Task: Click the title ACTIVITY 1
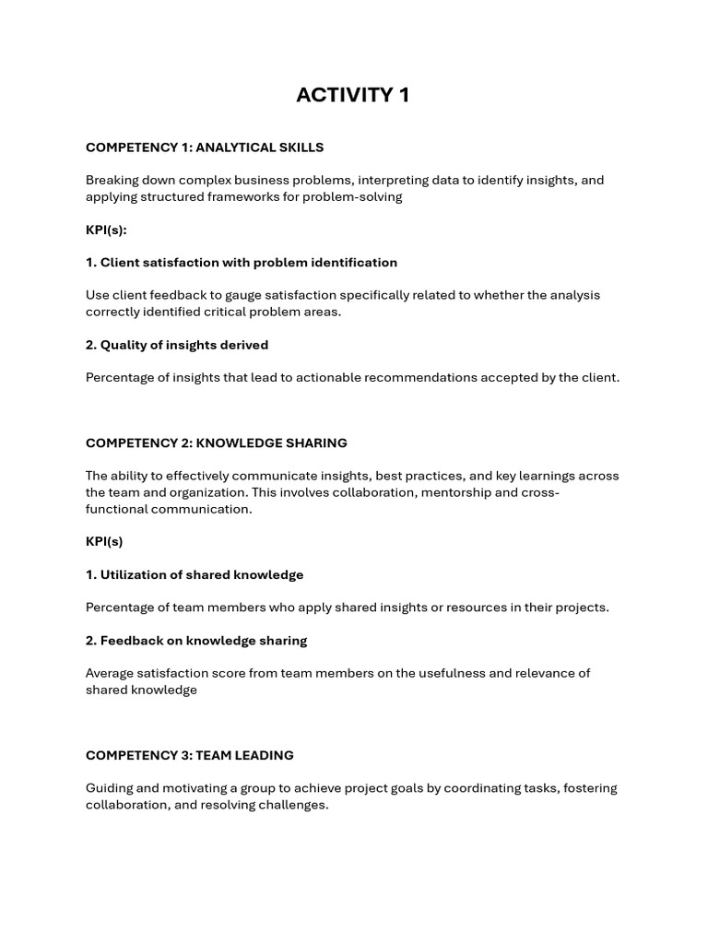tap(353, 95)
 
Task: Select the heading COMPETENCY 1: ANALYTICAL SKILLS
tap(205, 147)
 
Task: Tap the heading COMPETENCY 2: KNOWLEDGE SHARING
tap(217, 443)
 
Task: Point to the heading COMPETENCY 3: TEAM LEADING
tap(190, 755)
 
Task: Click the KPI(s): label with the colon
tap(106, 230)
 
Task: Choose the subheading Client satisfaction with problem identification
tap(242, 263)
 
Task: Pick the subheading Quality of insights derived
tap(177, 345)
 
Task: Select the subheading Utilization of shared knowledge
tap(195, 575)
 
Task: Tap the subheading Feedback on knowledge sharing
tap(196, 641)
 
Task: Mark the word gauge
tap(272, 296)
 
